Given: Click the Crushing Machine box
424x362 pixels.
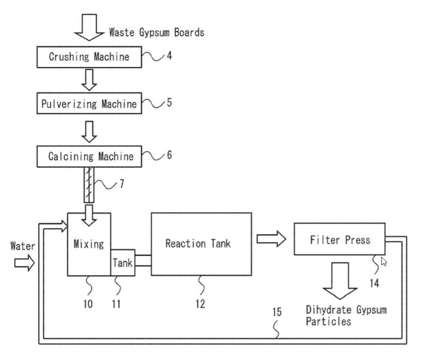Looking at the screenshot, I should coord(89,57).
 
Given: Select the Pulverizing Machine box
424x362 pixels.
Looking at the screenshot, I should coord(89,104).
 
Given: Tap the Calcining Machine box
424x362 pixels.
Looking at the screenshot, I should coord(89,157).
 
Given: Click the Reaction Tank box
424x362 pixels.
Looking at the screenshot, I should coord(201,243).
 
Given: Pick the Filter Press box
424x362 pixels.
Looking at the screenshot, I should coord(339,240).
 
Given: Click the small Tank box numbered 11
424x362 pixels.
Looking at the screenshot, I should coord(123,263).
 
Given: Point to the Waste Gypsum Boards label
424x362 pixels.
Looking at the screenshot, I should coord(156,33).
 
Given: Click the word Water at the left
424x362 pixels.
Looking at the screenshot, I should coord(23,246).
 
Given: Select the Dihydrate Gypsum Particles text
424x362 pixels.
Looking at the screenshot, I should coord(346,316).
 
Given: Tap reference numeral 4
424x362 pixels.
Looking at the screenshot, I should coord(169,56).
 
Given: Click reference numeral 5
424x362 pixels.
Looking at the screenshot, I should coord(169,103).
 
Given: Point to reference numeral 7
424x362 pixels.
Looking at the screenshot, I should coord(121,184).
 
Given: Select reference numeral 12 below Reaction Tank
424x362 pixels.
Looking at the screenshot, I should coord(199,304).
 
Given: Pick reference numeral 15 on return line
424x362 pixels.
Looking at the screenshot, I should coord(277,312).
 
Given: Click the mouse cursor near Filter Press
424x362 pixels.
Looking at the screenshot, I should coord(384,262).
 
